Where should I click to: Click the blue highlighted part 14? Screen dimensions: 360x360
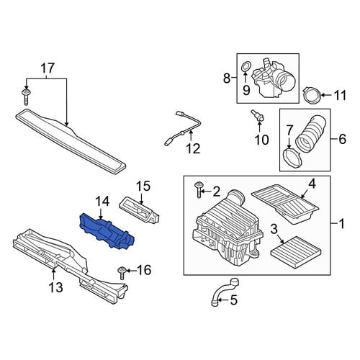[x=107, y=230]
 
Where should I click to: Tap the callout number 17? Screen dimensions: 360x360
[x=48, y=68]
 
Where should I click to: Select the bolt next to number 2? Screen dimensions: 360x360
[x=199, y=189]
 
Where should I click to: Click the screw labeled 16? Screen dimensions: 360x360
[x=122, y=273]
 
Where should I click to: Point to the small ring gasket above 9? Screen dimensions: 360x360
[x=246, y=66]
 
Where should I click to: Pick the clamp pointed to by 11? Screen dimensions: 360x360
[x=311, y=95]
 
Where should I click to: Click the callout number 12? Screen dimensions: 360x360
[x=193, y=149]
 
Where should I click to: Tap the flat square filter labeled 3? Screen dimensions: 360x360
[x=296, y=250]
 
